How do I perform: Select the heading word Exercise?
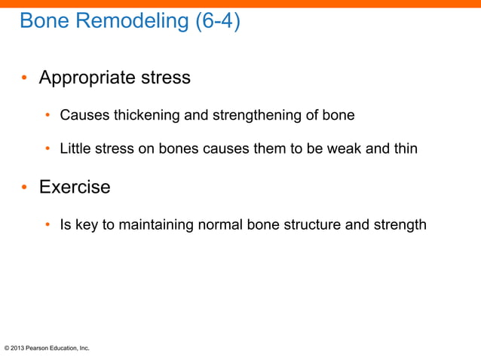coord(75,187)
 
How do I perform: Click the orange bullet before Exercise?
coord(24,188)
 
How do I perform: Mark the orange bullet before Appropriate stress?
coord(24,78)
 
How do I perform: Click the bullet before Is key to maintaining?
coord(47,225)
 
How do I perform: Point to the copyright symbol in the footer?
coord(7,349)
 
